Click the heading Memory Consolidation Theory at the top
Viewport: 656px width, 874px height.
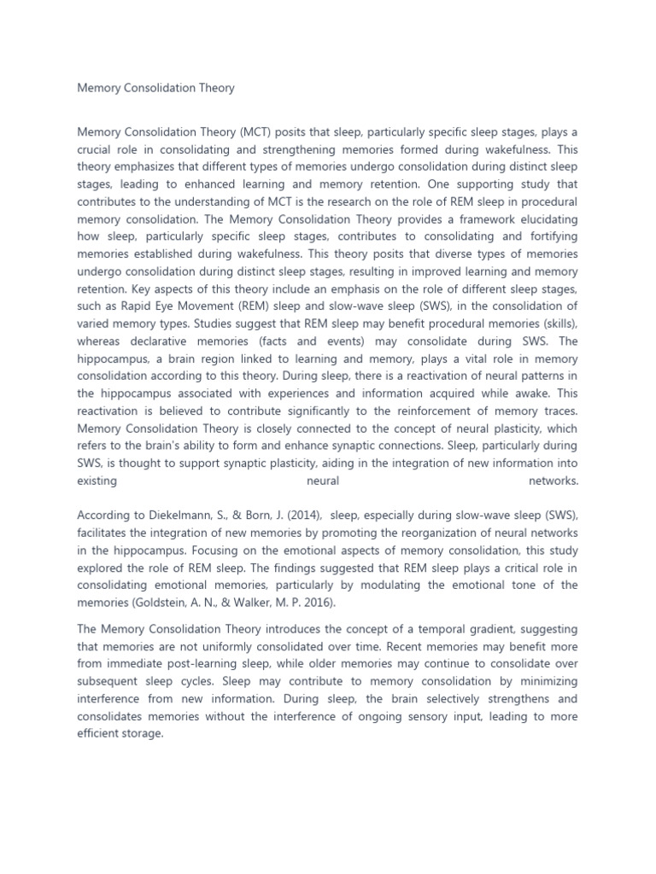click(155, 88)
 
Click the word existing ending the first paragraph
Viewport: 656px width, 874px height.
click(97, 481)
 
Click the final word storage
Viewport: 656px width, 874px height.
click(142, 733)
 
